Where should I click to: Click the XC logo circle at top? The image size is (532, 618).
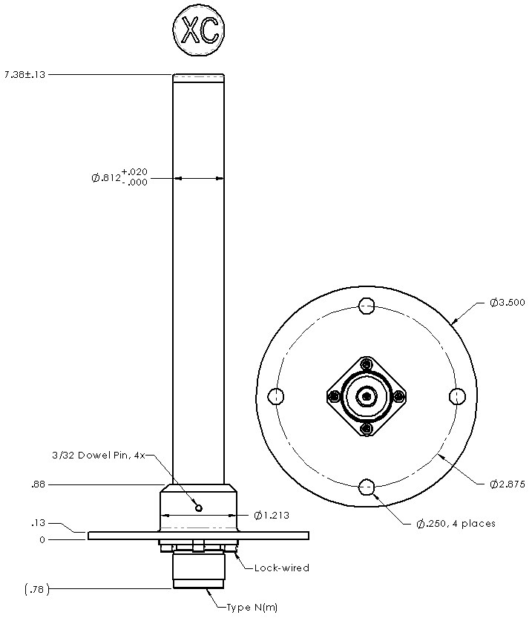coord(198,31)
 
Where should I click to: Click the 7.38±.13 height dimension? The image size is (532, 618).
coord(25,74)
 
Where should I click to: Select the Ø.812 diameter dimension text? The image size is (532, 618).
coord(119,177)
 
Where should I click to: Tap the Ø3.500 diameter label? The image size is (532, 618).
coord(508,303)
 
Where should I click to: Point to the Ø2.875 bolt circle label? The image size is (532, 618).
coord(508,484)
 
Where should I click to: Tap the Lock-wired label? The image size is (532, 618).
coord(281,568)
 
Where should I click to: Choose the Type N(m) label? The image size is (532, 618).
coord(253,608)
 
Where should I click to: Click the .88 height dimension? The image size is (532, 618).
coord(37,484)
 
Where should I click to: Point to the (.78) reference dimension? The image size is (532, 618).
coord(35,589)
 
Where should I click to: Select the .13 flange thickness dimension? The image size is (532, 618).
coord(37,523)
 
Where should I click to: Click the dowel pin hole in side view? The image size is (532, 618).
coord(199,507)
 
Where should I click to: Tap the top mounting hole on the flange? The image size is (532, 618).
coord(367,306)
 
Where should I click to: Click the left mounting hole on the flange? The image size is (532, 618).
coord(275,396)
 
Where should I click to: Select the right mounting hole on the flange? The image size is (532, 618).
coord(458,396)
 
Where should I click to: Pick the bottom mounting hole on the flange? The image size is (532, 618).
coord(367,487)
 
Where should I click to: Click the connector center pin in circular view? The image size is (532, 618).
coord(367,396)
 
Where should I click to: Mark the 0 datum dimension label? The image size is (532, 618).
coord(42,540)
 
